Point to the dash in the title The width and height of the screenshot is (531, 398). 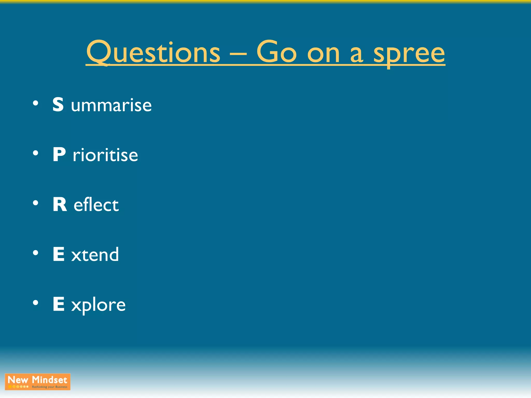click(238, 54)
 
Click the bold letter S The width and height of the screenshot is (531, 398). click(58, 104)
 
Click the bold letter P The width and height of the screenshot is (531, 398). click(59, 154)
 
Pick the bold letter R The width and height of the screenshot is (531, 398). click(60, 204)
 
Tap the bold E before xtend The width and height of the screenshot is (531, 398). click(59, 254)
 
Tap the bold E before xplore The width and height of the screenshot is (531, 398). click(59, 304)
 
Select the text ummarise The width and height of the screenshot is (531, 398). click(111, 105)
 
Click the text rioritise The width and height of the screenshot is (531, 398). click(105, 155)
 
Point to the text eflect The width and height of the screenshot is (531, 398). click(96, 205)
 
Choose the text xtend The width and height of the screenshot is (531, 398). click(95, 255)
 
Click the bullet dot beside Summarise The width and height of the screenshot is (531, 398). click(36, 104)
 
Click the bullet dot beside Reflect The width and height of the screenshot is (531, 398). click(36, 203)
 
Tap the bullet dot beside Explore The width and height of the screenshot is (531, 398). click(36, 303)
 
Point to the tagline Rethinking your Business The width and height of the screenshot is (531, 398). click(50, 387)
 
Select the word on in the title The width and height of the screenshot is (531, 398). click(323, 54)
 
